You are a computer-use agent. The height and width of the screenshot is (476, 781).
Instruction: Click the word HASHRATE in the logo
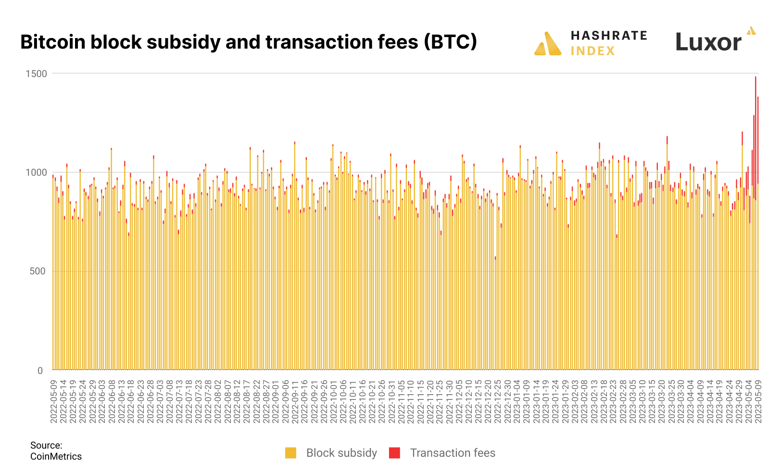point(608,36)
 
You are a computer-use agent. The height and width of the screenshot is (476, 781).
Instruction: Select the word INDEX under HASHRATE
point(592,51)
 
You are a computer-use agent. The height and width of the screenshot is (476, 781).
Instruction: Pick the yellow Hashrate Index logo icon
point(548,44)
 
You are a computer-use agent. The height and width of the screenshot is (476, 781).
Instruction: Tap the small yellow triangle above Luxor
point(751,31)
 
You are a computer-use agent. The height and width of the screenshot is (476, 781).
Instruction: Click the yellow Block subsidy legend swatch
point(290,453)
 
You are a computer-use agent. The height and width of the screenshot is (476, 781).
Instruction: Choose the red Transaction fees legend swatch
point(394,453)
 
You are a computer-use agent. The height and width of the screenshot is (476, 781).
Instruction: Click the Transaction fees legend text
point(452,453)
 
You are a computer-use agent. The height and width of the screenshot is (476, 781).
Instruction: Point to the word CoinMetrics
point(56,457)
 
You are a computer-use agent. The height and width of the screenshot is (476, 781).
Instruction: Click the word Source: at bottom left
point(46,445)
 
